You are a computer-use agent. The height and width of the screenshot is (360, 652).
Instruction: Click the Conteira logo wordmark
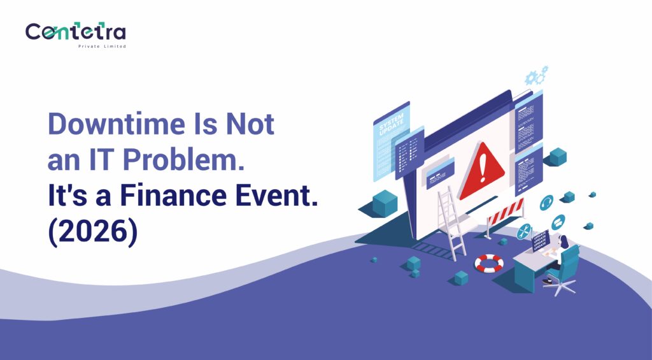pyautogui.click(x=75, y=32)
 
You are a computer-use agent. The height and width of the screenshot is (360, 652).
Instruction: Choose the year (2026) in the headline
pyautogui.click(x=92, y=232)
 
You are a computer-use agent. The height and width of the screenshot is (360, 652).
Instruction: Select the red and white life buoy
pyautogui.click(x=488, y=263)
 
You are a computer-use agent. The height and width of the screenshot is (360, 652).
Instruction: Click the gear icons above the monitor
pyautogui.click(x=535, y=76)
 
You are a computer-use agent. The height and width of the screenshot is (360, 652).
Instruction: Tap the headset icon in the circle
pyautogui.click(x=546, y=203)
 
